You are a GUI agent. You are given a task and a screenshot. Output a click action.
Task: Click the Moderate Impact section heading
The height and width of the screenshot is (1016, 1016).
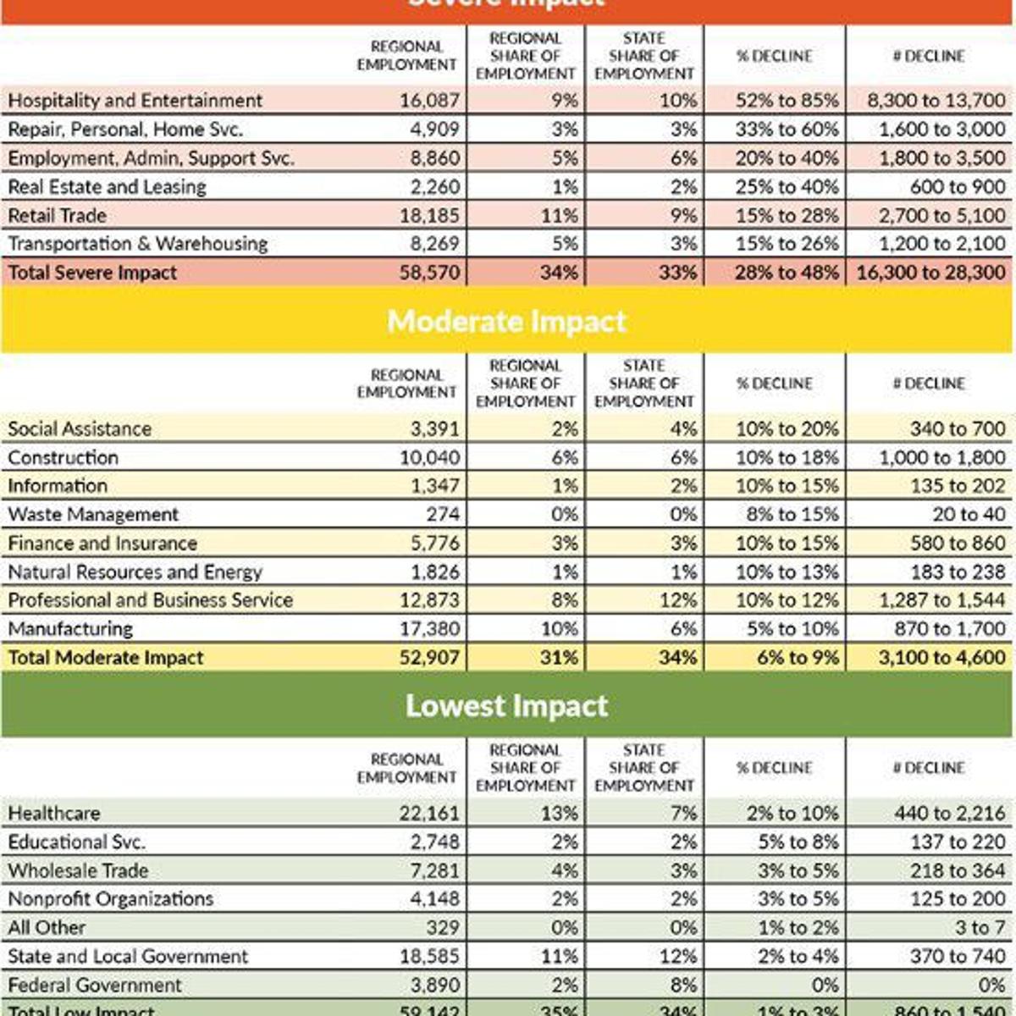(x=506, y=322)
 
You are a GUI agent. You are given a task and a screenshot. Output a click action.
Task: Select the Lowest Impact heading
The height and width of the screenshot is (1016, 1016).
(x=506, y=706)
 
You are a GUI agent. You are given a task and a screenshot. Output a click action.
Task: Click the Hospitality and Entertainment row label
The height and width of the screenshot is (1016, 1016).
(x=135, y=101)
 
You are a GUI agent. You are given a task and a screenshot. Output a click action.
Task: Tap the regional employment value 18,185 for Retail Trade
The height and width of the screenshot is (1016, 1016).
(x=429, y=216)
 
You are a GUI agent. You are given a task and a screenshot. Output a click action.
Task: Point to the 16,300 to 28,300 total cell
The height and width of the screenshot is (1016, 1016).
(x=930, y=273)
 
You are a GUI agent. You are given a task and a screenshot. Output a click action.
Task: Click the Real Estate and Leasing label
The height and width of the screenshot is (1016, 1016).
(x=108, y=187)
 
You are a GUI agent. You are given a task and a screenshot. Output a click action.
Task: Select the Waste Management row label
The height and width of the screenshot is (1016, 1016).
(x=93, y=515)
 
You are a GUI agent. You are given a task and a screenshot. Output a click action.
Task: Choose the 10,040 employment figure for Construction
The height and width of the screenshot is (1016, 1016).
(x=429, y=458)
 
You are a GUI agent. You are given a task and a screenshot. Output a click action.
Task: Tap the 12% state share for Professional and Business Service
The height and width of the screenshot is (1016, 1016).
(x=682, y=600)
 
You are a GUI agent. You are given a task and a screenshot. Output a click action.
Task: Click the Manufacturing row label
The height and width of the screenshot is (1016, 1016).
(x=70, y=629)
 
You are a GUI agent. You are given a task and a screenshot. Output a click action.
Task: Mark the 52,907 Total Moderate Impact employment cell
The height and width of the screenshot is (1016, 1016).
(x=429, y=658)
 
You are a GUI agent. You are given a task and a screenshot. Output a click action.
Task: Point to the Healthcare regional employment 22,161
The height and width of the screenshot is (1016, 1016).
(x=429, y=814)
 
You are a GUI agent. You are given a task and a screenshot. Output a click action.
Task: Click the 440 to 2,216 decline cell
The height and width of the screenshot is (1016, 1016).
(x=949, y=814)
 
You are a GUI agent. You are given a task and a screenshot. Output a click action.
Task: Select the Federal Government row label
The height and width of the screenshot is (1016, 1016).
(x=95, y=986)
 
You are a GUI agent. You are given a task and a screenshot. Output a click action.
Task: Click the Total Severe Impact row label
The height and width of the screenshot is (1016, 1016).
(x=93, y=273)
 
